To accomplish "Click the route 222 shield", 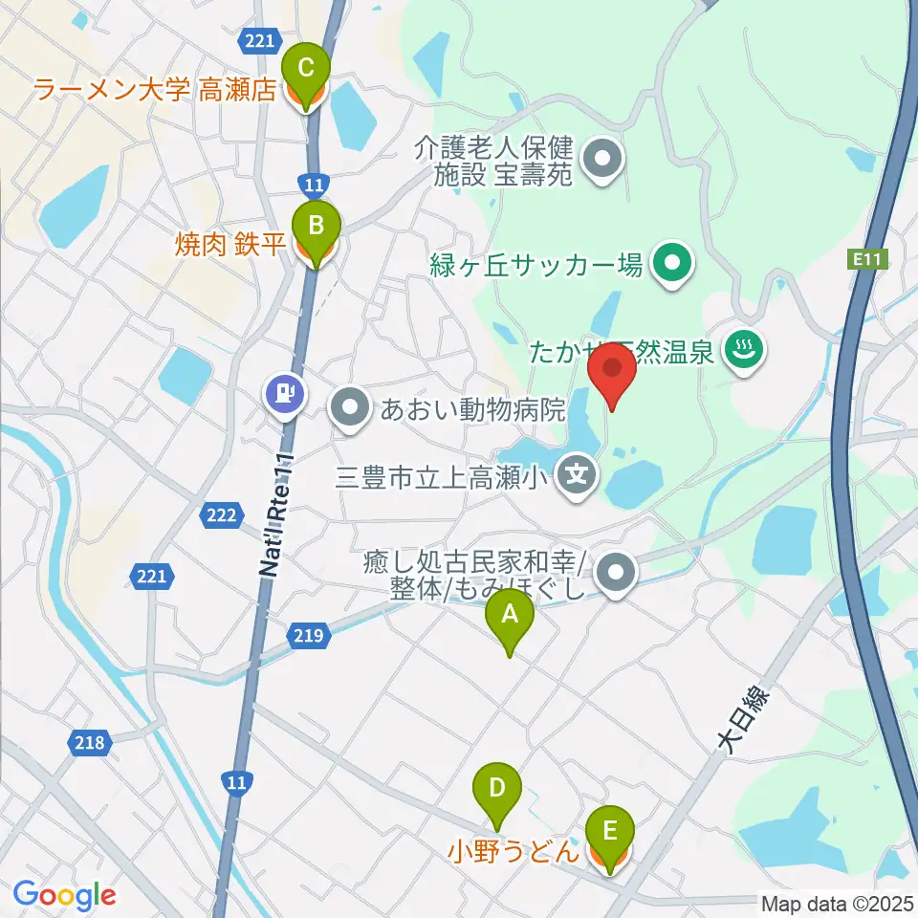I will tap(220, 515).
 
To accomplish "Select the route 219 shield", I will tap(307, 634).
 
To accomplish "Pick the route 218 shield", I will tap(91, 740).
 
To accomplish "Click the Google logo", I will tap(65, 896).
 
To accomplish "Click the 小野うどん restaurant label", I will tap(514, 848).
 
